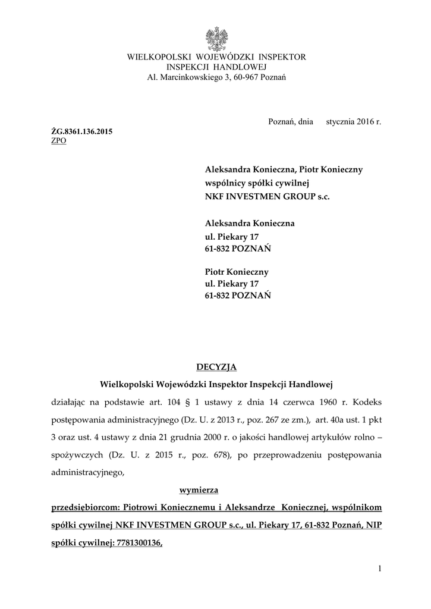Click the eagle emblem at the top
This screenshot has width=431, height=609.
tap(216, 39)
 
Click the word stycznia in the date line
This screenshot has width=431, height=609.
tap(339, 121)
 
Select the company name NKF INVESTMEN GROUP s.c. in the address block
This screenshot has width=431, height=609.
tap(266, 196)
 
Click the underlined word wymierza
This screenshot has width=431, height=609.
tap(199, 491)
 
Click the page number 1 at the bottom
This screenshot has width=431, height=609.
tap(379, 569)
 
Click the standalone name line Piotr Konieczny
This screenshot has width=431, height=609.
tap(237, 272)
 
